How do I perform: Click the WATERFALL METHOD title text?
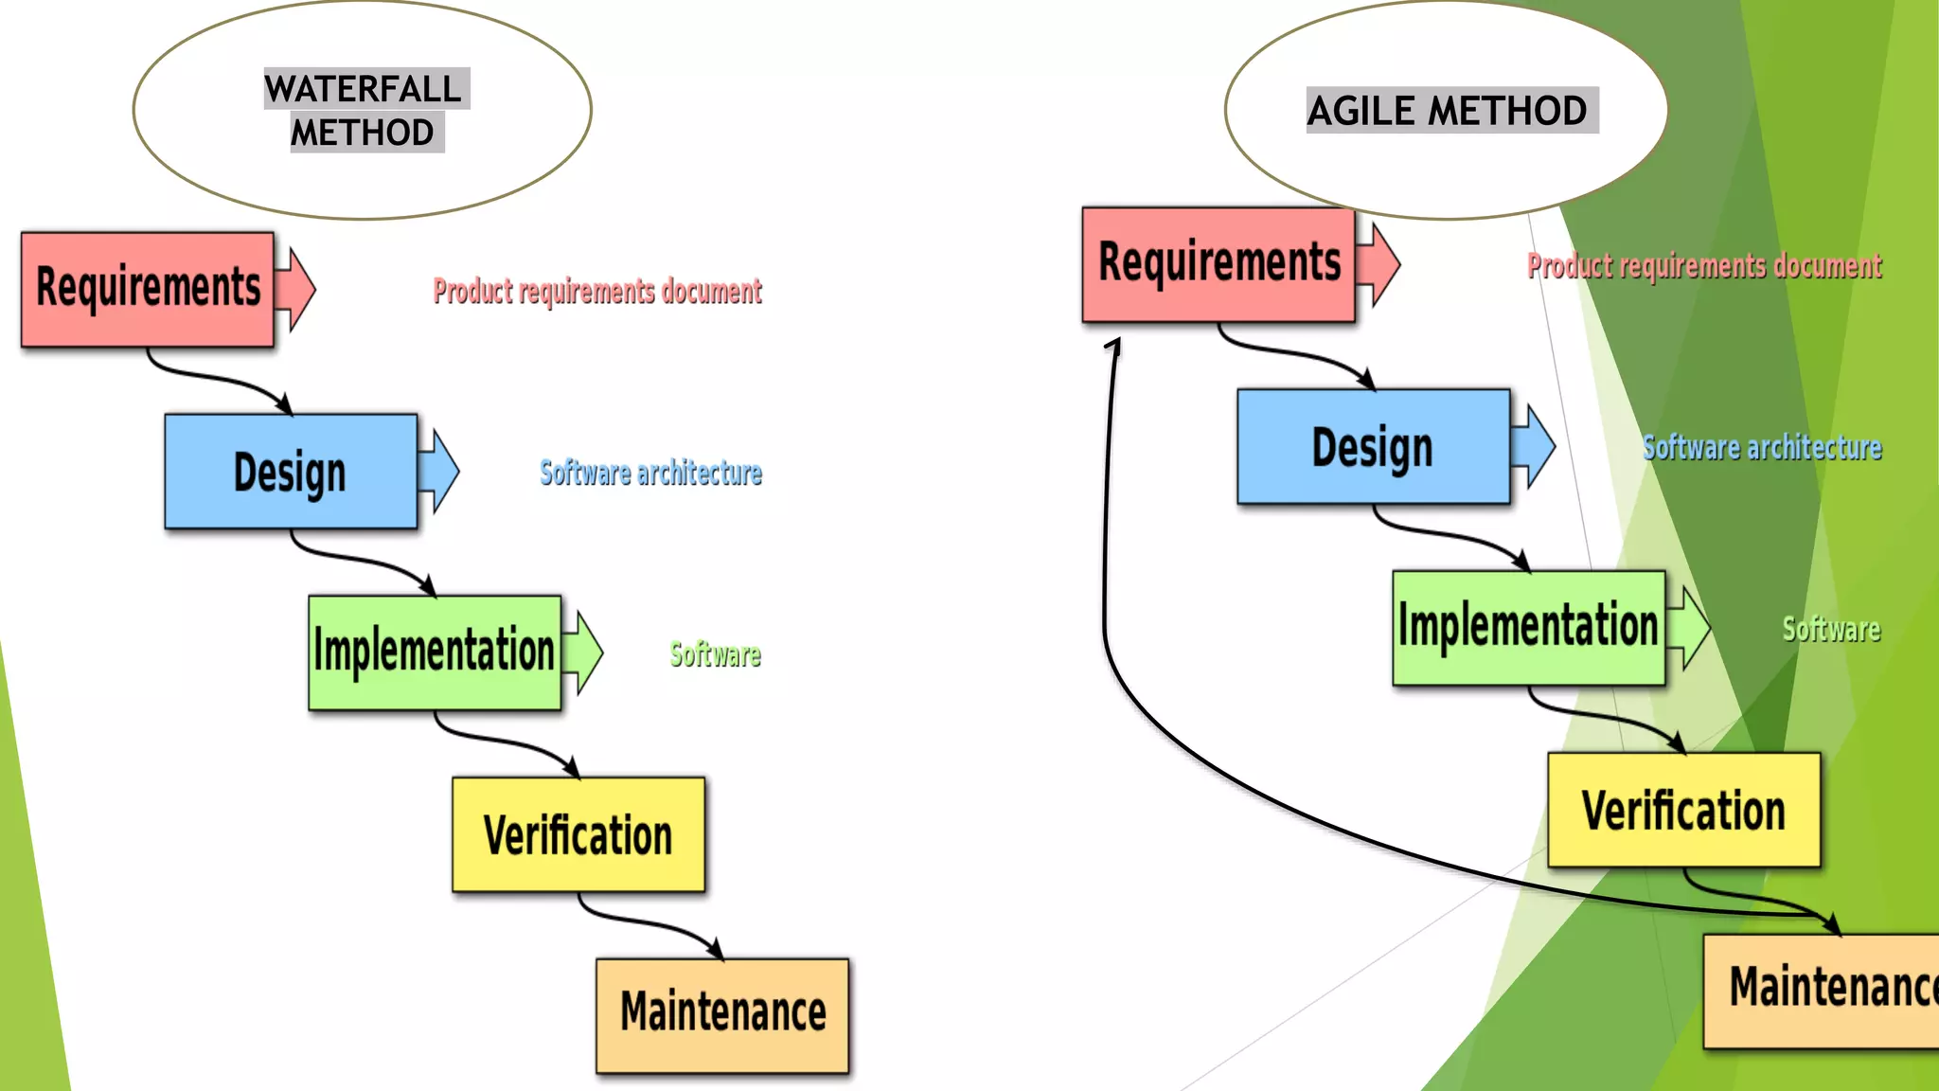click(x=364, y=110)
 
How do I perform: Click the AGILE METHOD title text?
click(x=1449, y=111)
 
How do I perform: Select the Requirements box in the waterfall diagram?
click(x=148, y=289)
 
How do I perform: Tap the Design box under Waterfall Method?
click(x=291, y=471)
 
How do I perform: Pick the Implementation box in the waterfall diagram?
click(x=435, y=653)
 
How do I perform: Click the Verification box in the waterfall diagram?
click(x=578, y=834)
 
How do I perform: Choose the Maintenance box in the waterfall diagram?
click(x=722, y=1014)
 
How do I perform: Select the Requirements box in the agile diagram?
click(x=1219, y=264)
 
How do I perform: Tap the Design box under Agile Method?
click(x=1373, y=446)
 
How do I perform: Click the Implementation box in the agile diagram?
click(x=1528, y=628)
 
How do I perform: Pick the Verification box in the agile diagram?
click(x=1683, y=810)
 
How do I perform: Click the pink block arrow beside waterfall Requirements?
click(x=297, y=289)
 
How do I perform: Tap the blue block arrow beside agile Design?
click(x=1535, y=446)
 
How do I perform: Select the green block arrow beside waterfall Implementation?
click(x=584, y=653)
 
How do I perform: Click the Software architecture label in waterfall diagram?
click(x=650, y=473)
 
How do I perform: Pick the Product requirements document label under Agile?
click(x=1704, y=266)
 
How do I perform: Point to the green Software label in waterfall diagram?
click(x=715, y=654)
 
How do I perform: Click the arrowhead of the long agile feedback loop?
click(x=1114, y=347)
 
